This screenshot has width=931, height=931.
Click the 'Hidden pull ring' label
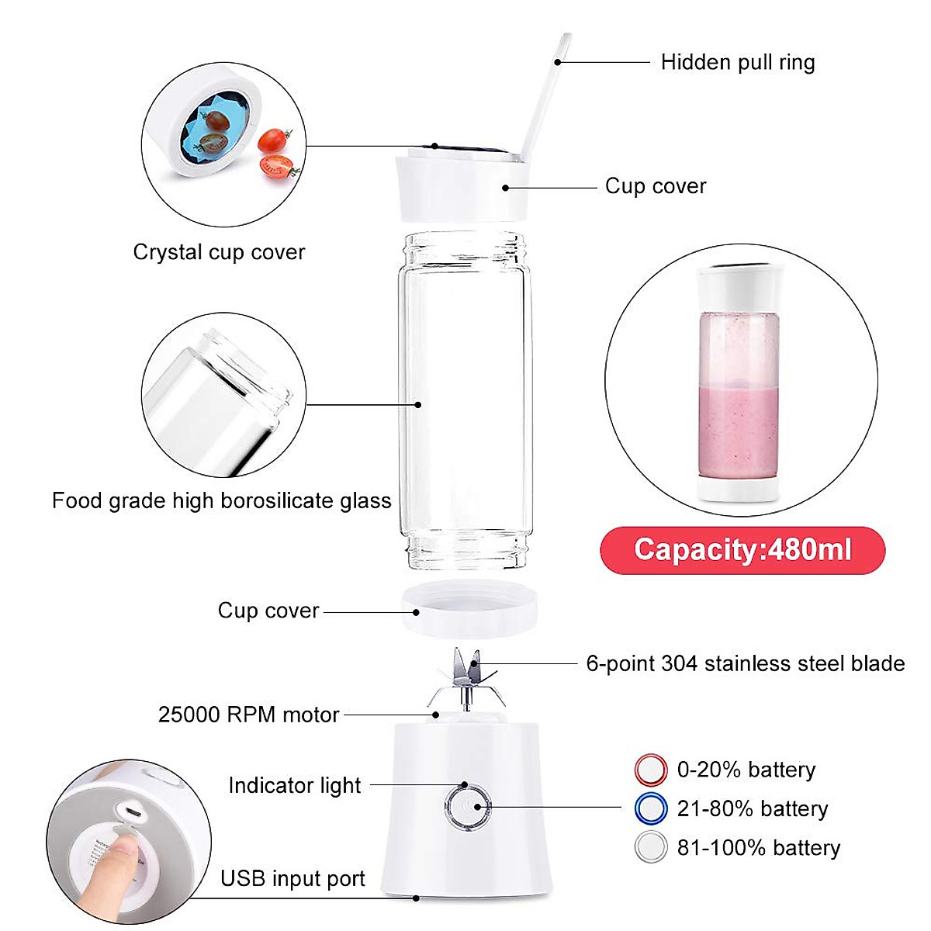(x=737, y=62)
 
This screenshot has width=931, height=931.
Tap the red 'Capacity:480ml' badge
(x=742, y=550)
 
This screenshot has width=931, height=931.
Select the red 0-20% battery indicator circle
(x=650, y=770)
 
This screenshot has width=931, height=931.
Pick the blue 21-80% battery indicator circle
(x=650, y=808)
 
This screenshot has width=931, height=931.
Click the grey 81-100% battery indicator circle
(x=650, y=847)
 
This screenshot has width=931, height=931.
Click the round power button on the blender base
(x=468, y=806)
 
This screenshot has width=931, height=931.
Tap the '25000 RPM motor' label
(x=248, y=715)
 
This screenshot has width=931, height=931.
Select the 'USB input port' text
(x=292, y=878)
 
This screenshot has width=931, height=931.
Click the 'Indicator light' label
(x=294, y=785)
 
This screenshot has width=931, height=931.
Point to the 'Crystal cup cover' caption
(x=219, y=252)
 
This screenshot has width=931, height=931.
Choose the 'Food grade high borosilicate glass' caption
(x=221, y=500)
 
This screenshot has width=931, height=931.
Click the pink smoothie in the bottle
(x=735, y=427)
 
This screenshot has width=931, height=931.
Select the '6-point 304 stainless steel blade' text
(x=745, y=663)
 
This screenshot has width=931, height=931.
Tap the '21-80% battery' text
(x=752, y=808)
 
